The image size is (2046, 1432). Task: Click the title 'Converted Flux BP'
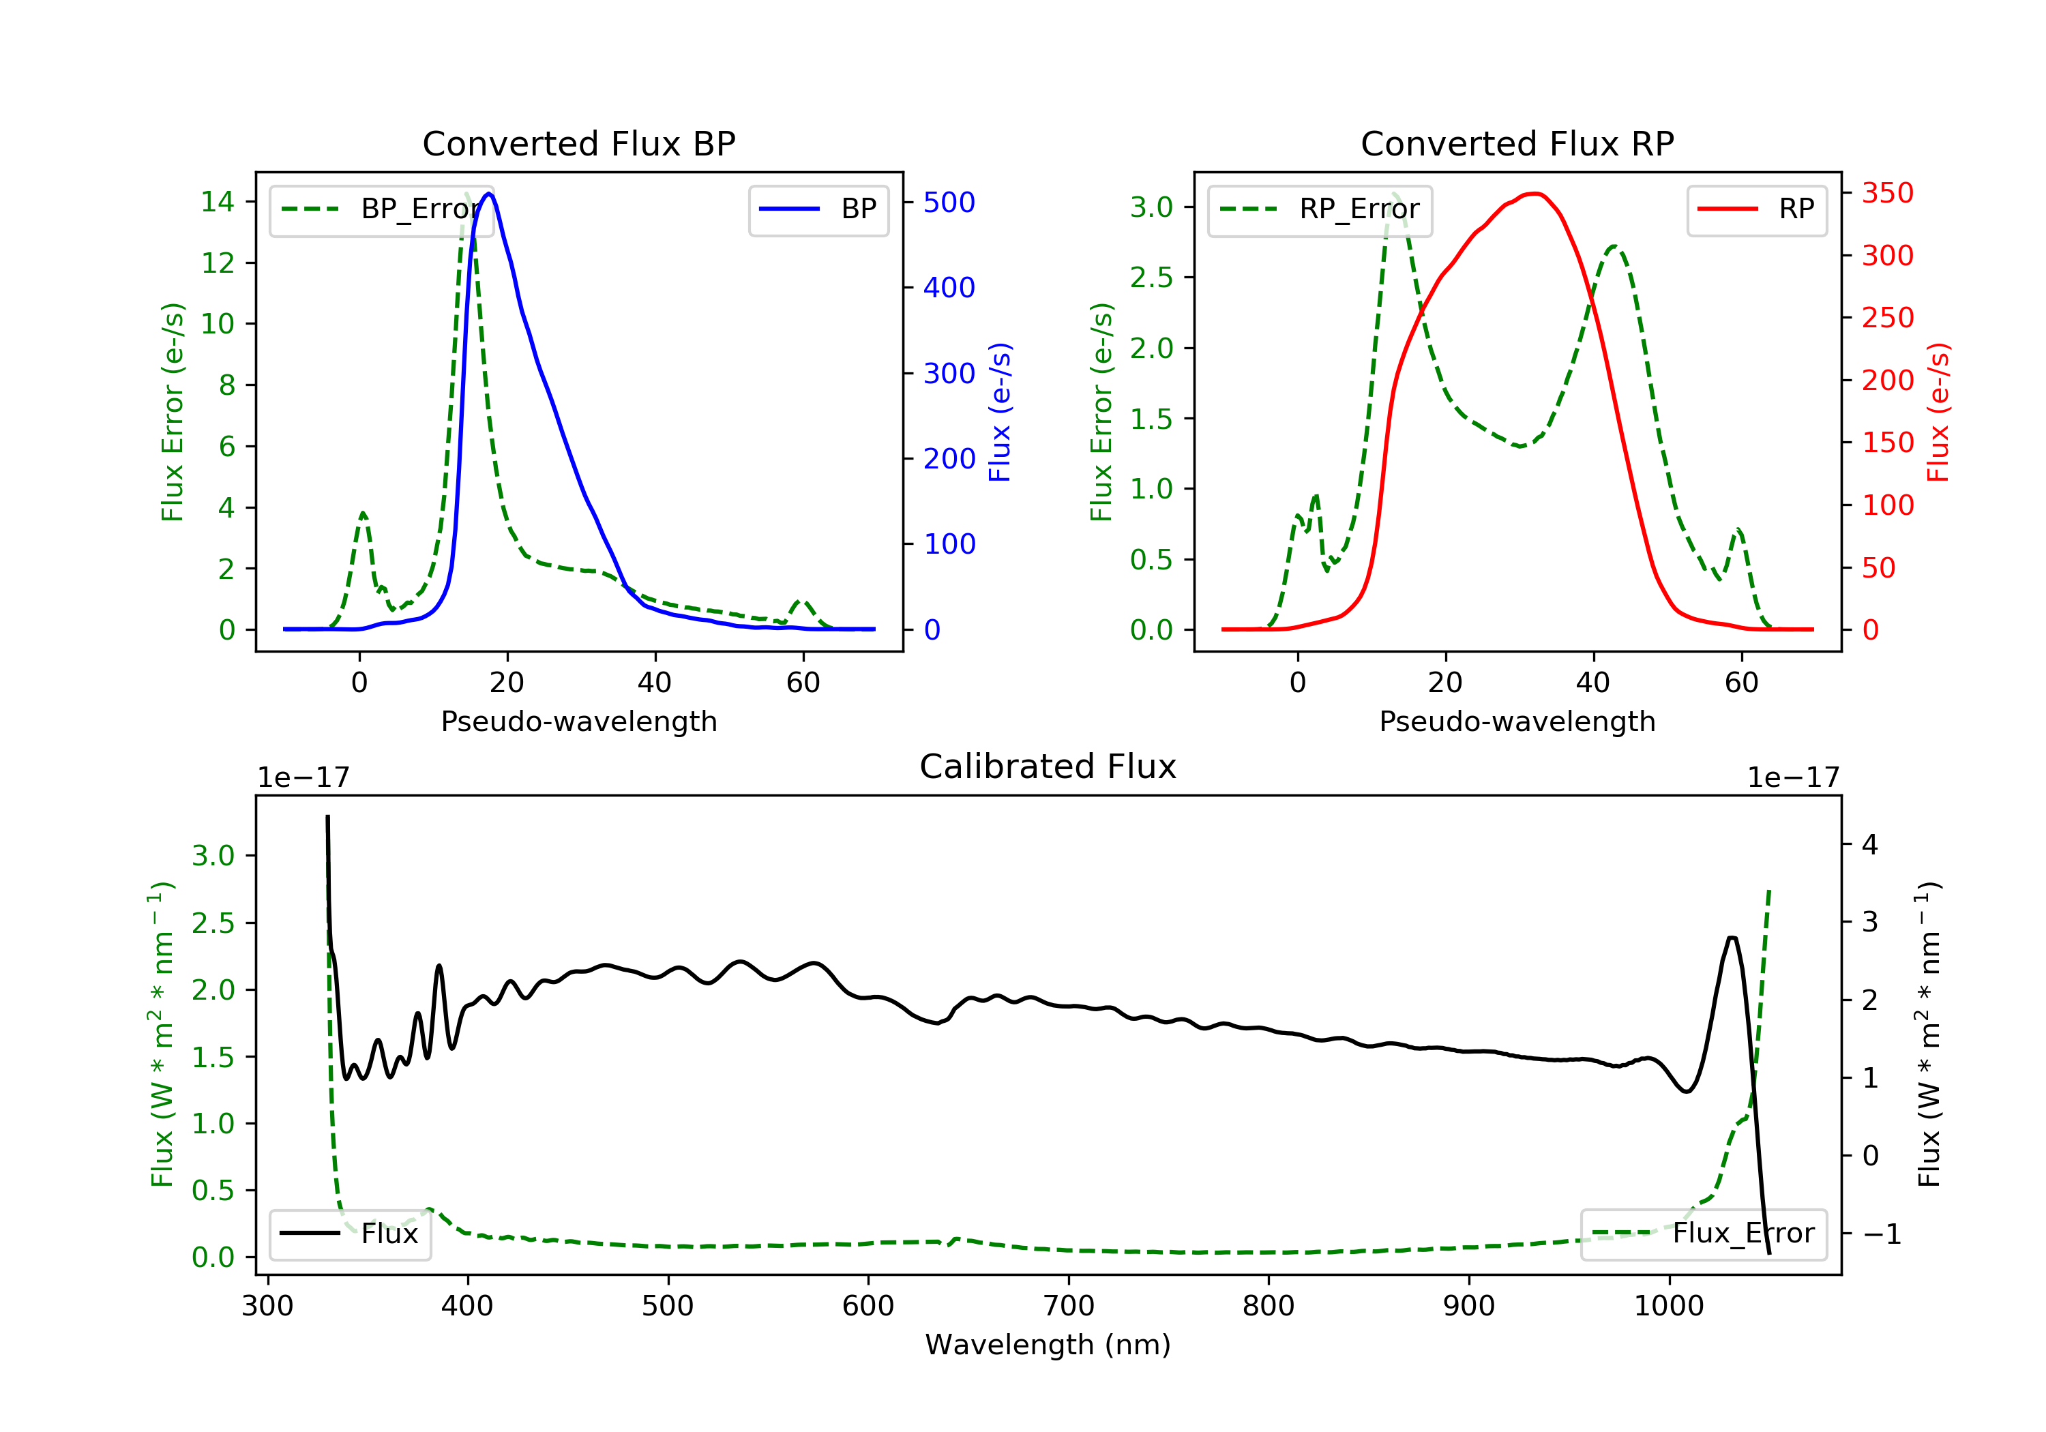(578, 143)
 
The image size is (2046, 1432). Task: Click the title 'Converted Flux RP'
(1517, 143)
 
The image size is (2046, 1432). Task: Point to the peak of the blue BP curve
(489, 194)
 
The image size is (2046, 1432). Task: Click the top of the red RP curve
(1532, 194)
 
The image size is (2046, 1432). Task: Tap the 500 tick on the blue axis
(949, 203)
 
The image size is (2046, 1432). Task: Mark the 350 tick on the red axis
(1887, 194)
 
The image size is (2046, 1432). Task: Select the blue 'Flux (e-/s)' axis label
(1000, 412)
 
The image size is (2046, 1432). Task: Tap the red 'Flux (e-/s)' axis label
(1938, 412)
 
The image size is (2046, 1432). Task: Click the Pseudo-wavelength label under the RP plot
(1517, 721)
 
